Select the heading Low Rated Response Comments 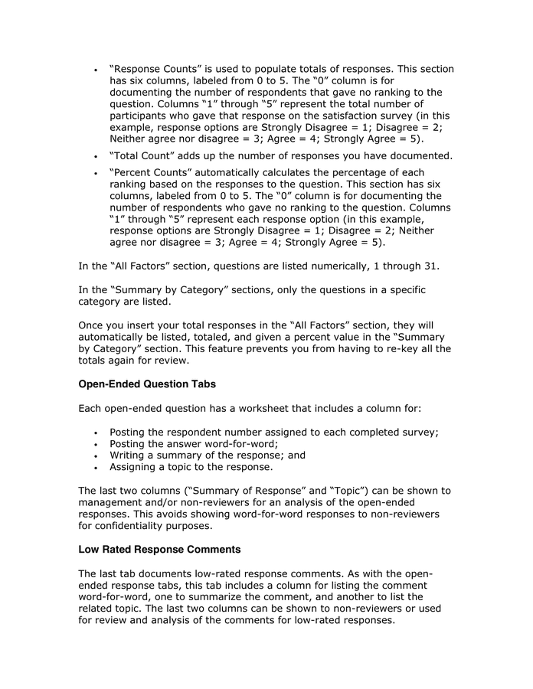click(159, 550)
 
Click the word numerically click(341, 266)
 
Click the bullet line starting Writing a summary click(207, 455)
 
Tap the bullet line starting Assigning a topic click(191, 466)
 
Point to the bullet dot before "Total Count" click(94, 157)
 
